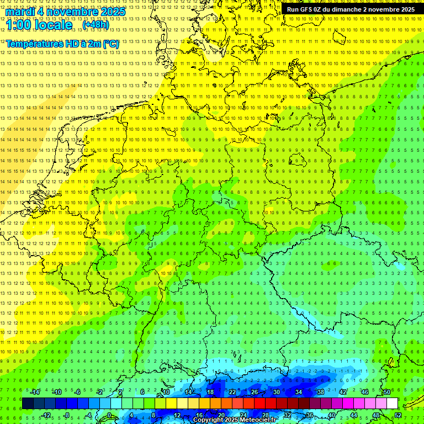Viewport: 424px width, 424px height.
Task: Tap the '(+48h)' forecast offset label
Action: tap(96, 25)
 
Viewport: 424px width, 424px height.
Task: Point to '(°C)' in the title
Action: tap(110, 43)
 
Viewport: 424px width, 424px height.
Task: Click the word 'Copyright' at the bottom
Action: tap(208, 420)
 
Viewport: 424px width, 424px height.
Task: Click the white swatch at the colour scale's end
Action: tap(392, 404)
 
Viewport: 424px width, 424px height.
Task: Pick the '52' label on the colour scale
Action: tap(399, 415)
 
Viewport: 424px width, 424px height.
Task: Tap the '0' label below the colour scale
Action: tap(109, 415)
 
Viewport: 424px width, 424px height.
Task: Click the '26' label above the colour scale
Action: tap(255, 392)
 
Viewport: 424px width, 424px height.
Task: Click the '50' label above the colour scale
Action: tap(387, 392)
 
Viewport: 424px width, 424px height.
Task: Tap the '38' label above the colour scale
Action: tap(321, 392)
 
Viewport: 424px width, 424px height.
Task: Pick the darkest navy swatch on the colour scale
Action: tap(28, 404)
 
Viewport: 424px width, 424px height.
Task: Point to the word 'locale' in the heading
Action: tap(55, 25)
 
